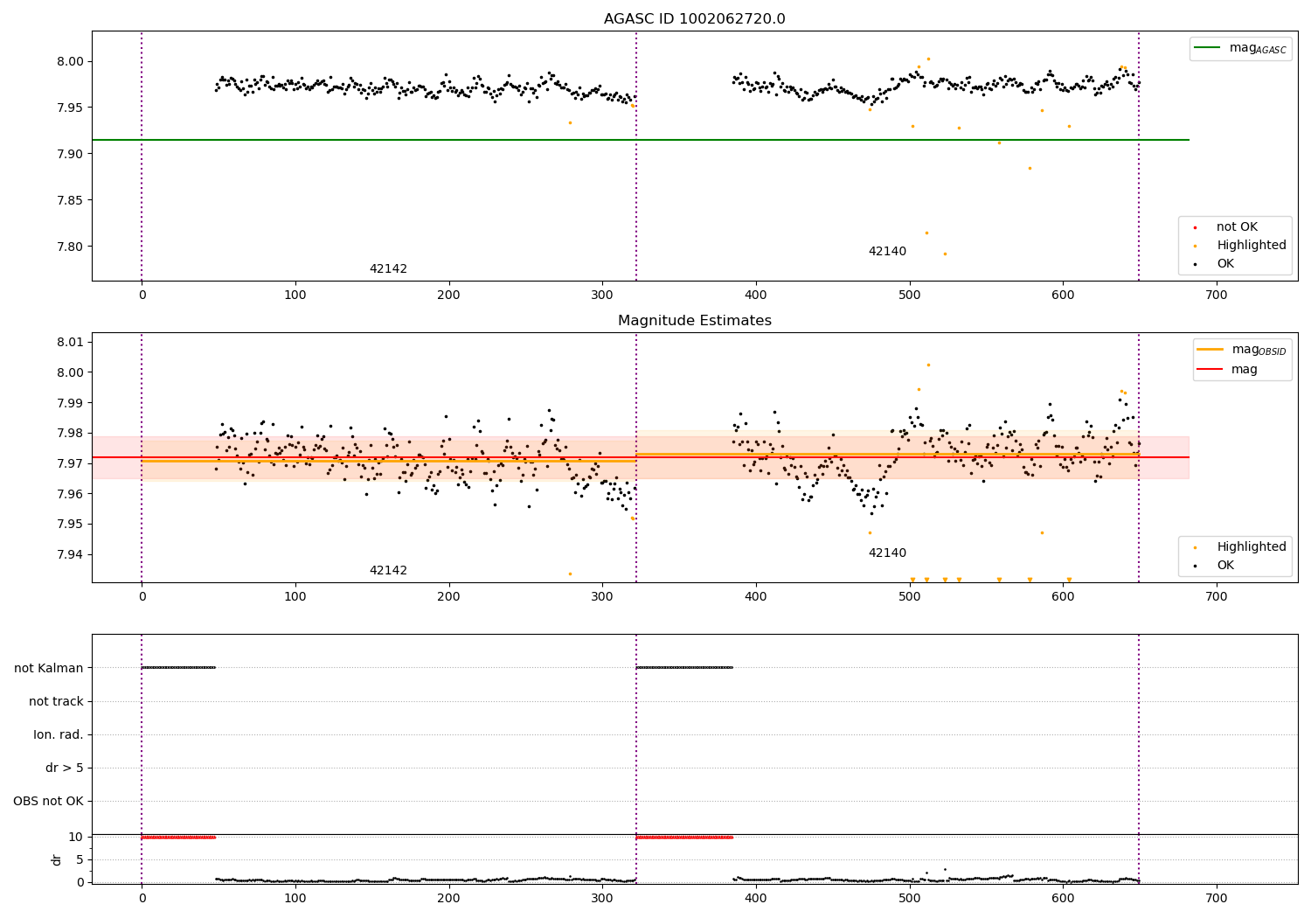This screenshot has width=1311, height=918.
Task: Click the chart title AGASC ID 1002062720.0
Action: coord(694,19)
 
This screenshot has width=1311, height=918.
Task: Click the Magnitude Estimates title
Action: coord(694,321)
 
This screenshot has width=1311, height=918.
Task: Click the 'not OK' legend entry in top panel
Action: coord(1237,227)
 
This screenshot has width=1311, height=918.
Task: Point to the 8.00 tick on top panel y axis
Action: coord(72,61)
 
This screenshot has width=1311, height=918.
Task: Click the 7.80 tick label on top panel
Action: coord(72,247)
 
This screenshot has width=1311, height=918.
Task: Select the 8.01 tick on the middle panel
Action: coord(72,342)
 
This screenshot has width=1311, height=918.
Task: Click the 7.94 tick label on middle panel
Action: coord(72,554)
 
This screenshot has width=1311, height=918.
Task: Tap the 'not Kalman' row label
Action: coord(49,668)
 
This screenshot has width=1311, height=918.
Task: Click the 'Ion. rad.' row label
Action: coord(59,734)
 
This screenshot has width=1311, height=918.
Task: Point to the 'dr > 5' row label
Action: coord(65,768)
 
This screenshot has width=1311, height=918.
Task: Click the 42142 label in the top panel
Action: coord(388,269)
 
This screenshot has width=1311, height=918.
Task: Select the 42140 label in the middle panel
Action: coord(887,553)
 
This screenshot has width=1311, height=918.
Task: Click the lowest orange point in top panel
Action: coord(945,254)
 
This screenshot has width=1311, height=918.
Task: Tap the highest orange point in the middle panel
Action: coord(928,365)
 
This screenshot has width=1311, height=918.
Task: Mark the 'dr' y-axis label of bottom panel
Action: coord(57,859)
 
